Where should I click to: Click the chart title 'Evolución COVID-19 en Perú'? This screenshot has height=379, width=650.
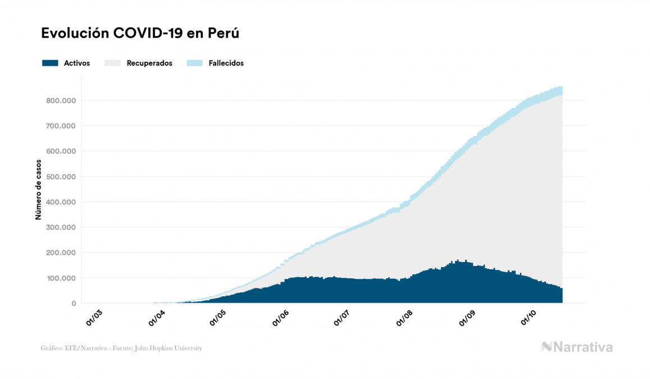[x=140, y=33]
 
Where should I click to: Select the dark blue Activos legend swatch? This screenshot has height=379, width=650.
[x=50, y=63]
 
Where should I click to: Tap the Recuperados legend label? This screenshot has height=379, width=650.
[x=149, y=63]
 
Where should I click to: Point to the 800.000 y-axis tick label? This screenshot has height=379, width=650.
[x=61, y=101]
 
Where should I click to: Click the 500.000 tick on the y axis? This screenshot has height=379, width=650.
[x=61, y=177]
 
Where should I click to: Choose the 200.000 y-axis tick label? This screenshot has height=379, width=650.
[x=61, y=252]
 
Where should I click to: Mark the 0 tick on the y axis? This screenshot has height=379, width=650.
[x=73, y=304]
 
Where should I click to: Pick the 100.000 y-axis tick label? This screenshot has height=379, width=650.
[x=61, y=278]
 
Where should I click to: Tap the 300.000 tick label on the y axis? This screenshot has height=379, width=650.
[x=61, y=227]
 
